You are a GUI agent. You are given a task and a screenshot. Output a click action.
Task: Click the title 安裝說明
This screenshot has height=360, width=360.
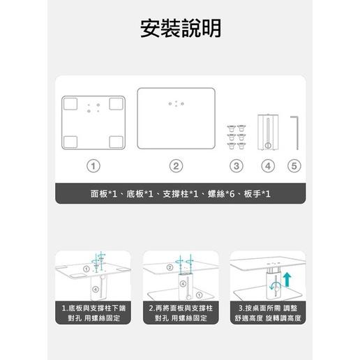pyautogui.click(x=180, y=29)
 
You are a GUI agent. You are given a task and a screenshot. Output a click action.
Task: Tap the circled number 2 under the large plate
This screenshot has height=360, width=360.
pyautogui.click(x=177, y=166)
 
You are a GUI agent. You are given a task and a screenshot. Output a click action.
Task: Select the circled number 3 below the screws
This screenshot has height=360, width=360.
pyautogui.click(x=237, y=166)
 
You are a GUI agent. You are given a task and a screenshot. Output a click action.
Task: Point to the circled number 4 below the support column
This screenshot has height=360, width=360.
pyautogui.click(x=268, y=166)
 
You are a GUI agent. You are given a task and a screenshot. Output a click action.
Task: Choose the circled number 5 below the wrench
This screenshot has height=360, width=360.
pyautogui.click(x=294, y=166)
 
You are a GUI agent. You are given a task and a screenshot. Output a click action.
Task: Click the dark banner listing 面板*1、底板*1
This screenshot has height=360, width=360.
pyautogui.click(x=180, y=194)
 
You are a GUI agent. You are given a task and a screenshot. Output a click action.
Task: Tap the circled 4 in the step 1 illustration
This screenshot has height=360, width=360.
pyautogui.click(x=94, y=287)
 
